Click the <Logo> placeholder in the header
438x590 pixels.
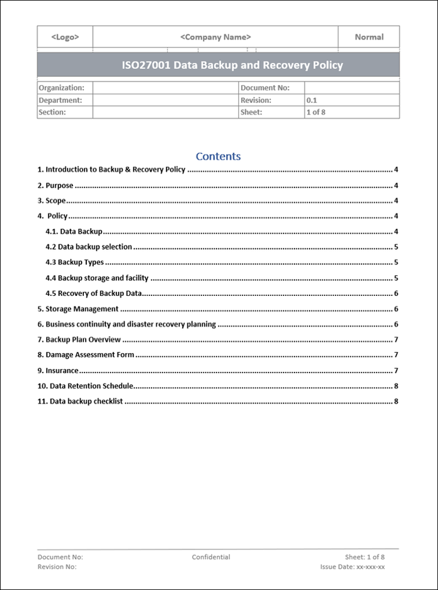[x=65, y=37]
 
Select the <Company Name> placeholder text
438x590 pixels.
[x=216, y=37]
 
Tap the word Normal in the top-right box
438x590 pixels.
[x=369, y=37]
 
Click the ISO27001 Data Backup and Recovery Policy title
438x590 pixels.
[x=218, y=65]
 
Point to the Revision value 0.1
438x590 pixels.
[x=312, y=100]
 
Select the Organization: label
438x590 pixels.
[x=61, y=88]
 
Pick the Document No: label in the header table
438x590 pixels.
[x=265, y=88]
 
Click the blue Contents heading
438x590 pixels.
[x=218, y=156]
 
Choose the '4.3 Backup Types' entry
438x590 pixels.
[x=75, y=262]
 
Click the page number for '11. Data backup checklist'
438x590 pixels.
[x=396, y=401]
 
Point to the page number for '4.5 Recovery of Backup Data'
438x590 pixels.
[x=396, y=293]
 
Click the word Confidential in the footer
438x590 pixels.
[x=211, y=557]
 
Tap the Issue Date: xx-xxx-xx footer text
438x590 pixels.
[x=353, y=567]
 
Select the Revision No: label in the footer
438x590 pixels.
[x=57, y=567]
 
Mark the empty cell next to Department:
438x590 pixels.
[x=165, y=100]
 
